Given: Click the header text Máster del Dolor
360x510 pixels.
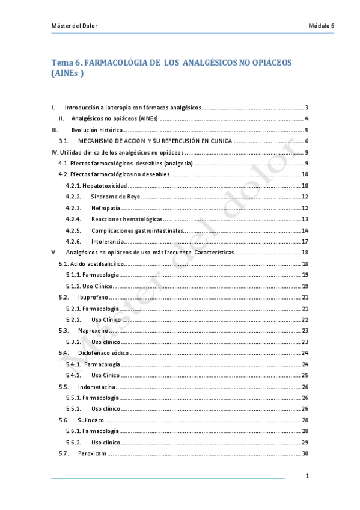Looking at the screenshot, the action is (x=75, y=26).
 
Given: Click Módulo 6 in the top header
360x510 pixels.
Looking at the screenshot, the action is (x=321, y=26).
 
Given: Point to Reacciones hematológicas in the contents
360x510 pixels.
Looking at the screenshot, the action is (x=127, y=219).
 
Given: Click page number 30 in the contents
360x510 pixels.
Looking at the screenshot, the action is (x=305, y=453).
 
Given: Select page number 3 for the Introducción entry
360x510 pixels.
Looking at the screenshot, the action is (x=307, y=107).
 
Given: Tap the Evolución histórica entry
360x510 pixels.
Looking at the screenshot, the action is (x=97, y=129).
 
